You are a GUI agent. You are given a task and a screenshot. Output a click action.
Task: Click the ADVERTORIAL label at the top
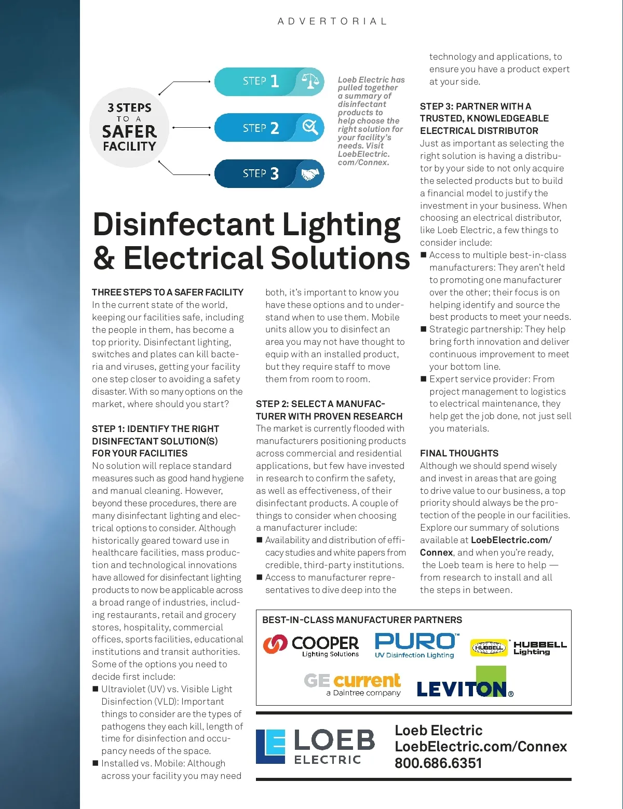coord(332,21)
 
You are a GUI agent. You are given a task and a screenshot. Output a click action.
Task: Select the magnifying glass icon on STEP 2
coord(310,127)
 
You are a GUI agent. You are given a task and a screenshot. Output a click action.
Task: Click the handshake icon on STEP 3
coord(310,174)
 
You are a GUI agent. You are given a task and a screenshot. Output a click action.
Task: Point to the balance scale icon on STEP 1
coord(310,81)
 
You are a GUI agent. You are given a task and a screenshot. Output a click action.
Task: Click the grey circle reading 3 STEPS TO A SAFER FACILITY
coord(129,128)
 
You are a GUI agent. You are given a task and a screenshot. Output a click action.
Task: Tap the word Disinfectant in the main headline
coord(183,225)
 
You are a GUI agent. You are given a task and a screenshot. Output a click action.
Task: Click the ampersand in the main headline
coord(104,258)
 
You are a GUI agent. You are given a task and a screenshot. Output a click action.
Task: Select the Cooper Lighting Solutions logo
coord(311,645)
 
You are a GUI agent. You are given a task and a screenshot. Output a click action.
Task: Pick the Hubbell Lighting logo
coord(519,648)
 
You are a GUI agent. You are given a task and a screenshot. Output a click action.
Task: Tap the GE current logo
coord(353,684)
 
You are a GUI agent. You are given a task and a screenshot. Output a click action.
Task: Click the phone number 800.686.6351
coord(438,763)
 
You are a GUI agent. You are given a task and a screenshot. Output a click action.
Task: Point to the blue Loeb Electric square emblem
coord(270,746)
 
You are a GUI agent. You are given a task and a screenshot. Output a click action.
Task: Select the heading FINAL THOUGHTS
coord(459,453)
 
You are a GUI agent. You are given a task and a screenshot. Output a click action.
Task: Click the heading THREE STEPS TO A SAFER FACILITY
coord(168,292)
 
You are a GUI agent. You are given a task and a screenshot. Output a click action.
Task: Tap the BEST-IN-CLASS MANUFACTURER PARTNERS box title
coord(362,620)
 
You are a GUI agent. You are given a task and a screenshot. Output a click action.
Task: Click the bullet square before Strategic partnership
coord(424,329)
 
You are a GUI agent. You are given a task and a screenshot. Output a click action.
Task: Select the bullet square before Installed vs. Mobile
coord(96,763)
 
